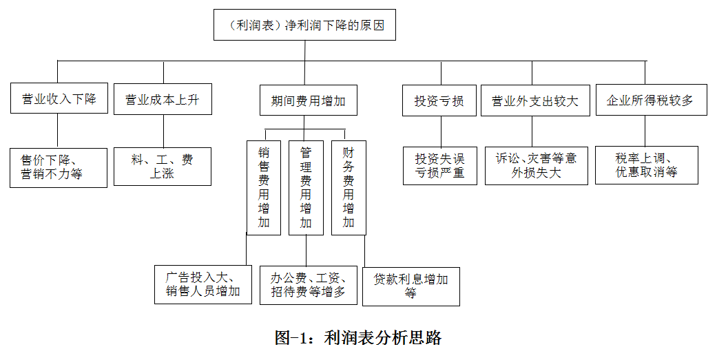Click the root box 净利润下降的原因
click(x=304, y=25)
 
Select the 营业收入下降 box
click(x=59, y=98)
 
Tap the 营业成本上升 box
click(x=163, y=99)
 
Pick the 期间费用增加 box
click(x=308, y=100)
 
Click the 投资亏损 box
click(x=439, y=100)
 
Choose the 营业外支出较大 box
click(x=535, y=100)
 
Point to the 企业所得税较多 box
click(x=651, y=100)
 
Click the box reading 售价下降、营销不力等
click(x=59, y=168)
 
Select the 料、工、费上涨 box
click(x=163, y=167)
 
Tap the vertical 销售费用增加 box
click(x=264, y=188)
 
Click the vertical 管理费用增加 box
click(x=306, y=188)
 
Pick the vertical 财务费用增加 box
click(x=349, y=188)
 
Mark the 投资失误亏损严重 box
click(x=440, y=166)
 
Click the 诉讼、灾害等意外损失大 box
click(x=537, y=165)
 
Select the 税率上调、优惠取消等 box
click(x=647, y=165)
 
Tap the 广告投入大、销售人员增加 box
click(x=203, y=284)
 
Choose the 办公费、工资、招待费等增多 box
click(x=308, y=285)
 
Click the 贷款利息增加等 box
click(x=411, y=286)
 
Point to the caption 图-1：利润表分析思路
click(x=358, y=337)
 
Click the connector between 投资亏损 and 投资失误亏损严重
click(x=441, y=131)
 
